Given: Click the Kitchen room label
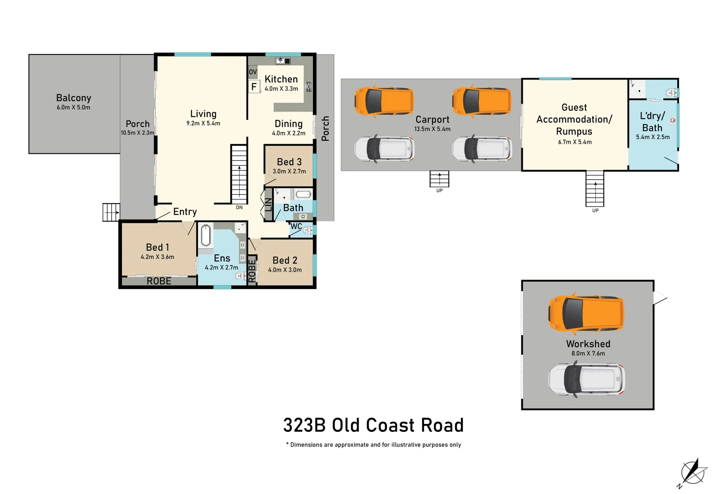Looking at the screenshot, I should click(x=281, y=79).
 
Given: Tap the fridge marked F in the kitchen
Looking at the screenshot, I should click(x=254, y=86).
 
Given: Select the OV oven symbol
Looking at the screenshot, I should click(x=252, y=72).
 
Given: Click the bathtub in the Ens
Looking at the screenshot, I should click(x=206, y=236).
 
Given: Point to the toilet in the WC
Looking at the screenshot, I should click(x=307, y=231).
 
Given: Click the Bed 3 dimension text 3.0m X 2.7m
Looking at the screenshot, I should click(x=289, y=172).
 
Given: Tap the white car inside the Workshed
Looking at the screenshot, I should click(x=586, y=379).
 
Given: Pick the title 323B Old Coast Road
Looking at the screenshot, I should click(x=373, y=425).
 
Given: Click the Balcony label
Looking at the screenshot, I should click(x=74, y=98).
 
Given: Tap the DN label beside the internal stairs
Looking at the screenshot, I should click(x=239, y=208).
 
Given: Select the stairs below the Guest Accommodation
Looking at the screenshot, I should click(x=595, y=188).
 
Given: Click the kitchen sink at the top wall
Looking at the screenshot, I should click(x=280, y=61).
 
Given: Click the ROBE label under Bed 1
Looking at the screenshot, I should click(x=159, y=281).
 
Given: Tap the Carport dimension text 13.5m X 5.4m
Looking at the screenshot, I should click(x=432, y=129).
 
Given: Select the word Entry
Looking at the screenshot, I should click(x=185, y=212).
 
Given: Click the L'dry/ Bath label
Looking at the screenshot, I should click(x=652, y=122).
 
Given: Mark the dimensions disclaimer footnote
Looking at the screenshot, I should click(x=373, y=445).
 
